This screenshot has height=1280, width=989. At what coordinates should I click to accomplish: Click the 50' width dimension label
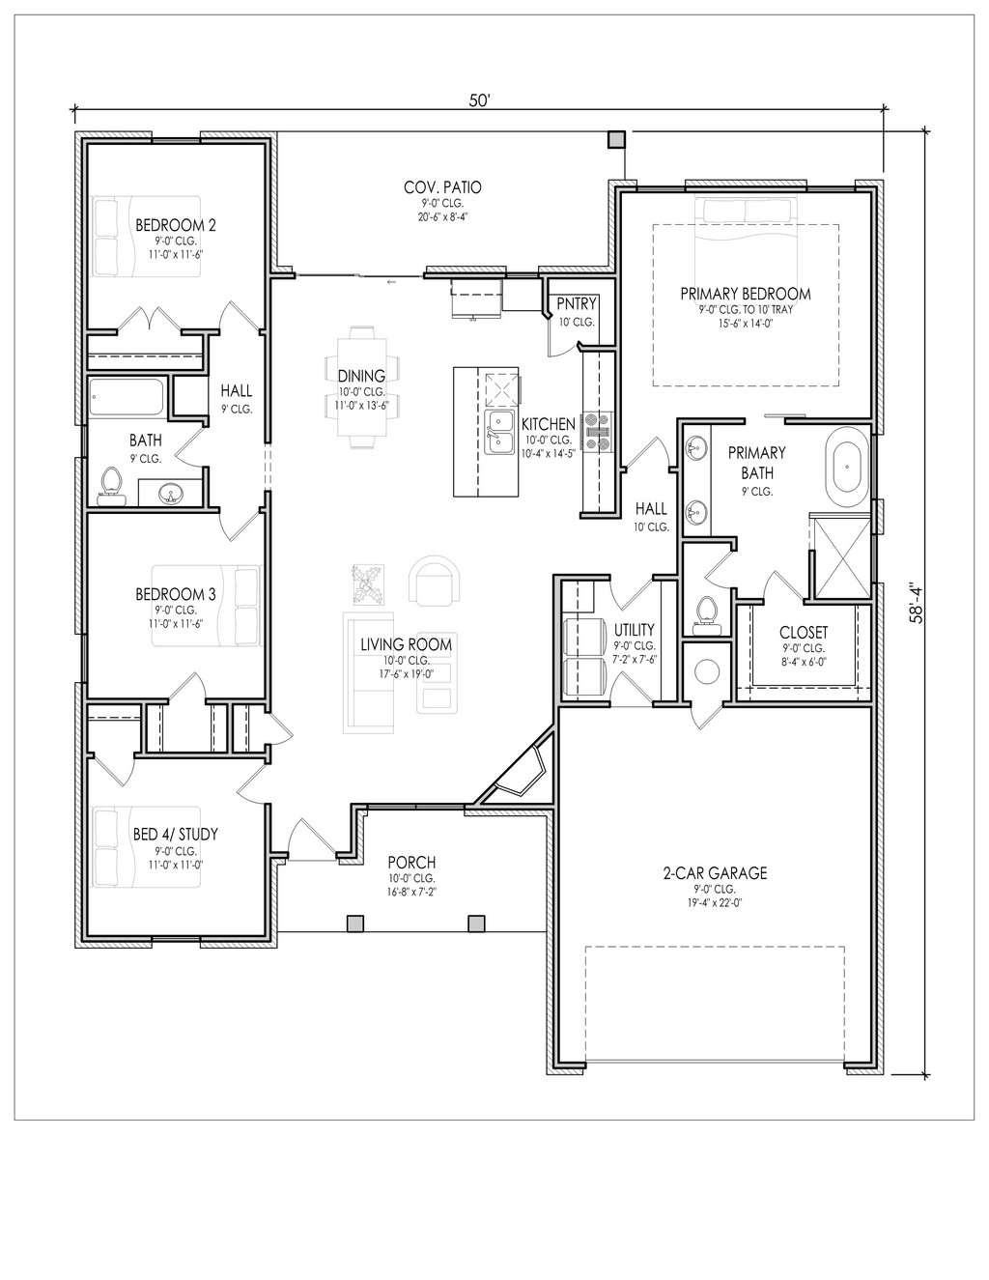tap(480, 100)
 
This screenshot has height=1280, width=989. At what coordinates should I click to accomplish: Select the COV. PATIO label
tap(442, 187)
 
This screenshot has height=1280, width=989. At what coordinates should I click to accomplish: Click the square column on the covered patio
tap(616, 139)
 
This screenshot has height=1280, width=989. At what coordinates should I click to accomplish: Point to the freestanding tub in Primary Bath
tap(848, 468)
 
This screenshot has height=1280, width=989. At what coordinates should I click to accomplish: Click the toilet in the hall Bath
tap(111, 487)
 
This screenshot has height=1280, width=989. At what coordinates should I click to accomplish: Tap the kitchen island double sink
tap(499, 433)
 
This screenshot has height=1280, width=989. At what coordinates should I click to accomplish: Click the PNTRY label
tap(577, 304)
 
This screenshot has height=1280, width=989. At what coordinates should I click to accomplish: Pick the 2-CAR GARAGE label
tap(715, 873)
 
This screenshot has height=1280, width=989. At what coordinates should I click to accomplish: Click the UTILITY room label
tap(634, 630)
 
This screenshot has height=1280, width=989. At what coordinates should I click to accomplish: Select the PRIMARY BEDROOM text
tap(746, 294)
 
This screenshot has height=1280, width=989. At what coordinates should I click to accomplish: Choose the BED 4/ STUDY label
tap(176, 834)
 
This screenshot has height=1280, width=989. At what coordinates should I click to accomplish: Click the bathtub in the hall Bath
tap(127, 398)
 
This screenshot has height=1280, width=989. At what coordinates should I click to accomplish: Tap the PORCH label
tap(412, 863)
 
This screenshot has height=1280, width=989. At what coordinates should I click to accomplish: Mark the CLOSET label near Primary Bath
tap(804, 633)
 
